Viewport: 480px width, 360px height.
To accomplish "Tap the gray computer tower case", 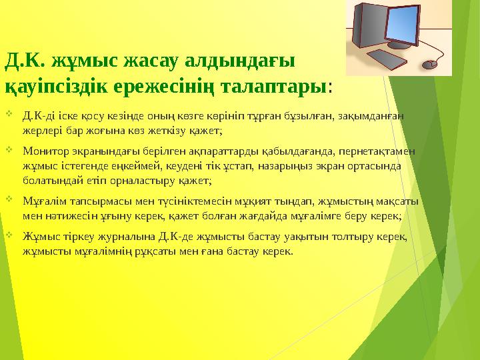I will pyautogui.click(x=369, y=30).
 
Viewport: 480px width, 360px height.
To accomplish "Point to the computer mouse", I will pyautogui.click(x=431, y=65).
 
